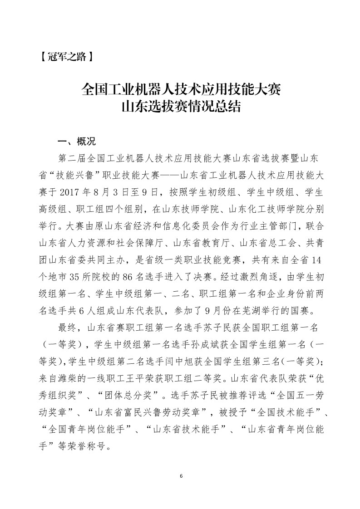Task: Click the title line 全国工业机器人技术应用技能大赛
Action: pyautogui.click(x=181, y=88)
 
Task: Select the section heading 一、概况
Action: pyautogui.click(x=77, y=141)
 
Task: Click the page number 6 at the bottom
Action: pyautogui.click(x=181, y=476)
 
